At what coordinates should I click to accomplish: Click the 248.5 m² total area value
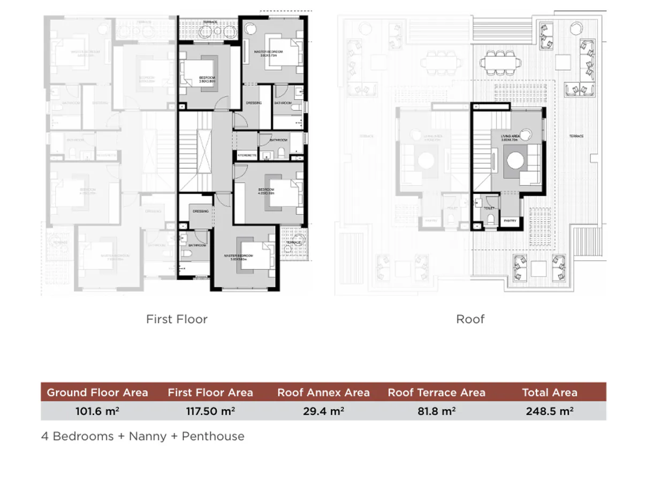coord(549,411)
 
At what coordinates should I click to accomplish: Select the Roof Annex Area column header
coord(323,392)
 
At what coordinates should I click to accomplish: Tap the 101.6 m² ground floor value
coord(97,411)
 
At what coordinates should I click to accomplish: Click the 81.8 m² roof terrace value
coord(436,411)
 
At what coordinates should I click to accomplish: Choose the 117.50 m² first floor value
coord(210,411)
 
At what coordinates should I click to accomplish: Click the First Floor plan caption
coord(177,319)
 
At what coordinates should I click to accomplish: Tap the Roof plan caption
coord(470,319)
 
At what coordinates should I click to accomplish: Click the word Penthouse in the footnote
coord(213,436)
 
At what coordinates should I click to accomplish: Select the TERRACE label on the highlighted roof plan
coord(576,137)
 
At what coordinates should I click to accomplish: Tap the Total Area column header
coord(549,392)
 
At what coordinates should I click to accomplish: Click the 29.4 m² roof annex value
coord(323,411)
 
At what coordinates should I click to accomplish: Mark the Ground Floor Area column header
coord(97,392)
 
